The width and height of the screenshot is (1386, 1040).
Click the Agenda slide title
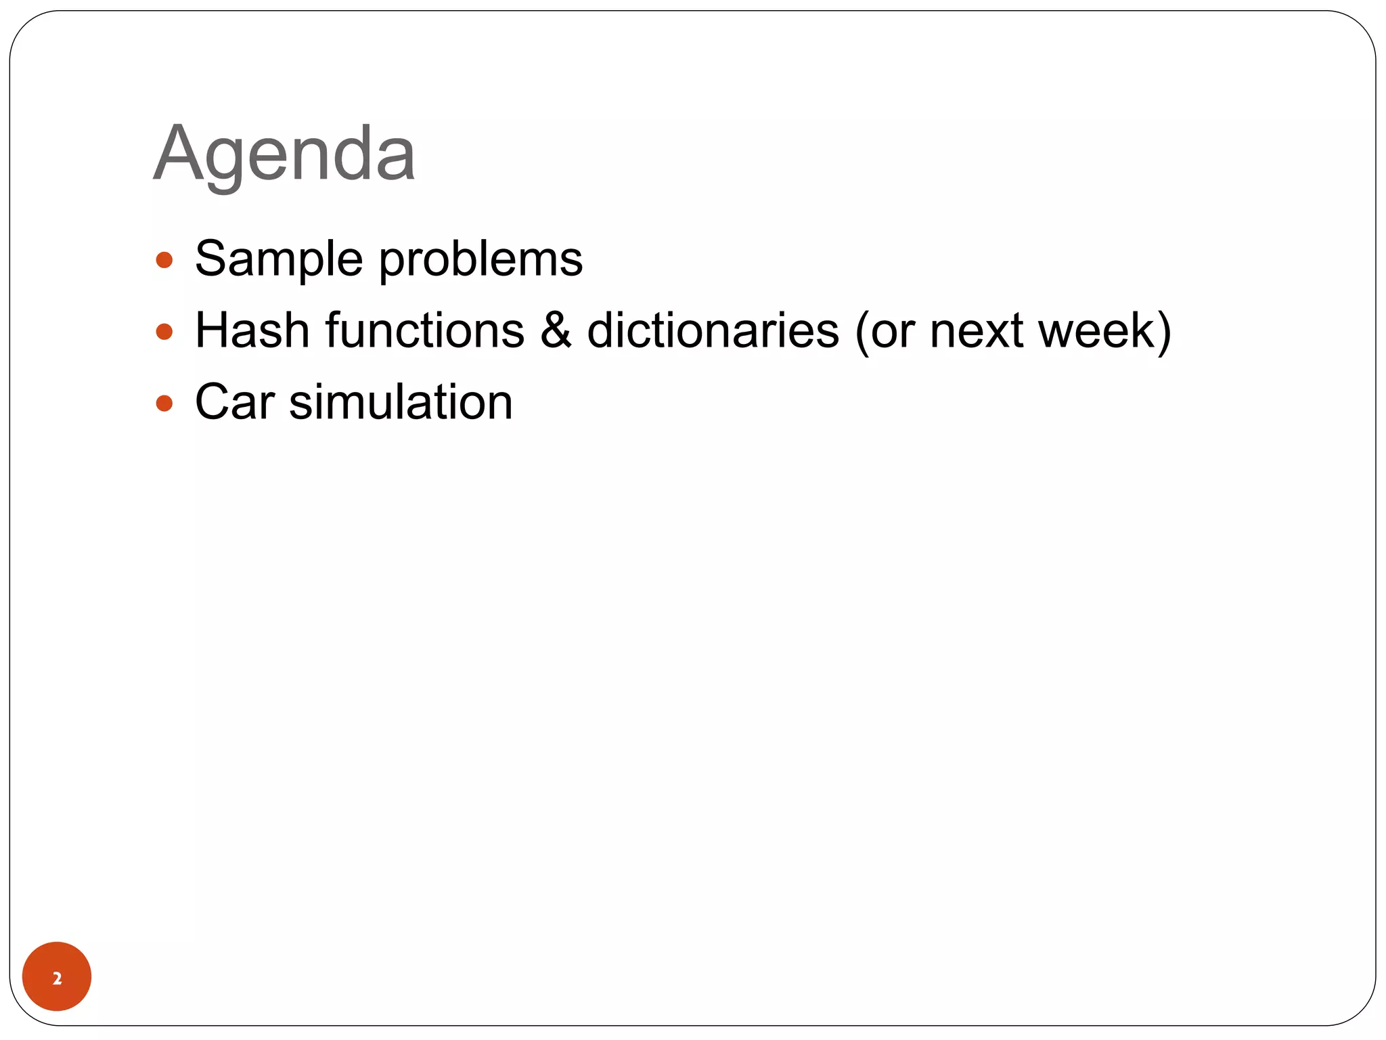[284, 154]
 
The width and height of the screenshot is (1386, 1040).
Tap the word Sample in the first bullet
[279, 259]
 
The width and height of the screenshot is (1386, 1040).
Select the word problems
[480, 261]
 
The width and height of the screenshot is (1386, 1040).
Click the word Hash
[252, 330]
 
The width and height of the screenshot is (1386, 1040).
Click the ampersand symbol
[556, 330]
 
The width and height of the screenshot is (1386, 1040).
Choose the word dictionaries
[713, 330]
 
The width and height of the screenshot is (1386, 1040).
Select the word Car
[235, 402]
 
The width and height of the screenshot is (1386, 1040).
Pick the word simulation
[401, 402]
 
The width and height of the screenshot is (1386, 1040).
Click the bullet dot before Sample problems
[164, 260]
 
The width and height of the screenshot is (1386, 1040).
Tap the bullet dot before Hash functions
[164, 332]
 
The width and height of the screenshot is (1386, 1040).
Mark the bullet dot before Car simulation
[164, 404]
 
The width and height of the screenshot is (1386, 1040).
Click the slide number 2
[57, 978]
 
